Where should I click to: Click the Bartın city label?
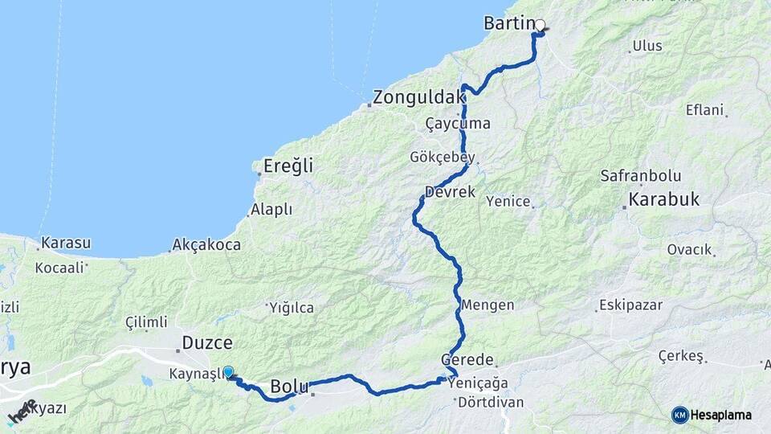pyautogui.click(x=510, y=23)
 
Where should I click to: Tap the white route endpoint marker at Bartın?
pyautogui.click(x=541, y=25)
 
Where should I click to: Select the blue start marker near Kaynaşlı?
pyautogui.click(x=228, y=371)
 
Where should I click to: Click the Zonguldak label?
pyautogui.click(x=418, y=98)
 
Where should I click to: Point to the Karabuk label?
pyautogui.click(x=664, y=199)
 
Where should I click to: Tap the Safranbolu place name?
pyautogui.click(x=641, y=176)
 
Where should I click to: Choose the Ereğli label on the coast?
pyautogui.click(x=288, y=166)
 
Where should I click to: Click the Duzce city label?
pyautogui.click(x=207, y=342)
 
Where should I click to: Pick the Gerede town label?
pyautogui.click(x=467, y=360)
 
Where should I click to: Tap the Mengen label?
pyautogui.click(x=487, y=305)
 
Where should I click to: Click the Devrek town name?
pyautogui.click(x=451, y=193)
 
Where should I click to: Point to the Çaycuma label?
pyautogui.click(x=458, y=124)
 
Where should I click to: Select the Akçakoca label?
pyautogui.click(x=206, y=245)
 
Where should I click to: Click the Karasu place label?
pyautogui.click(x=66, y=243)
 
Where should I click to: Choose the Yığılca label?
pyautogui.click(x=292, y=308)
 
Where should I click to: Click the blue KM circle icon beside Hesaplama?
pyautogui.click(x=680, y=415)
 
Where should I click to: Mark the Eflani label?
pyautogui.click(x=704, y=110)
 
